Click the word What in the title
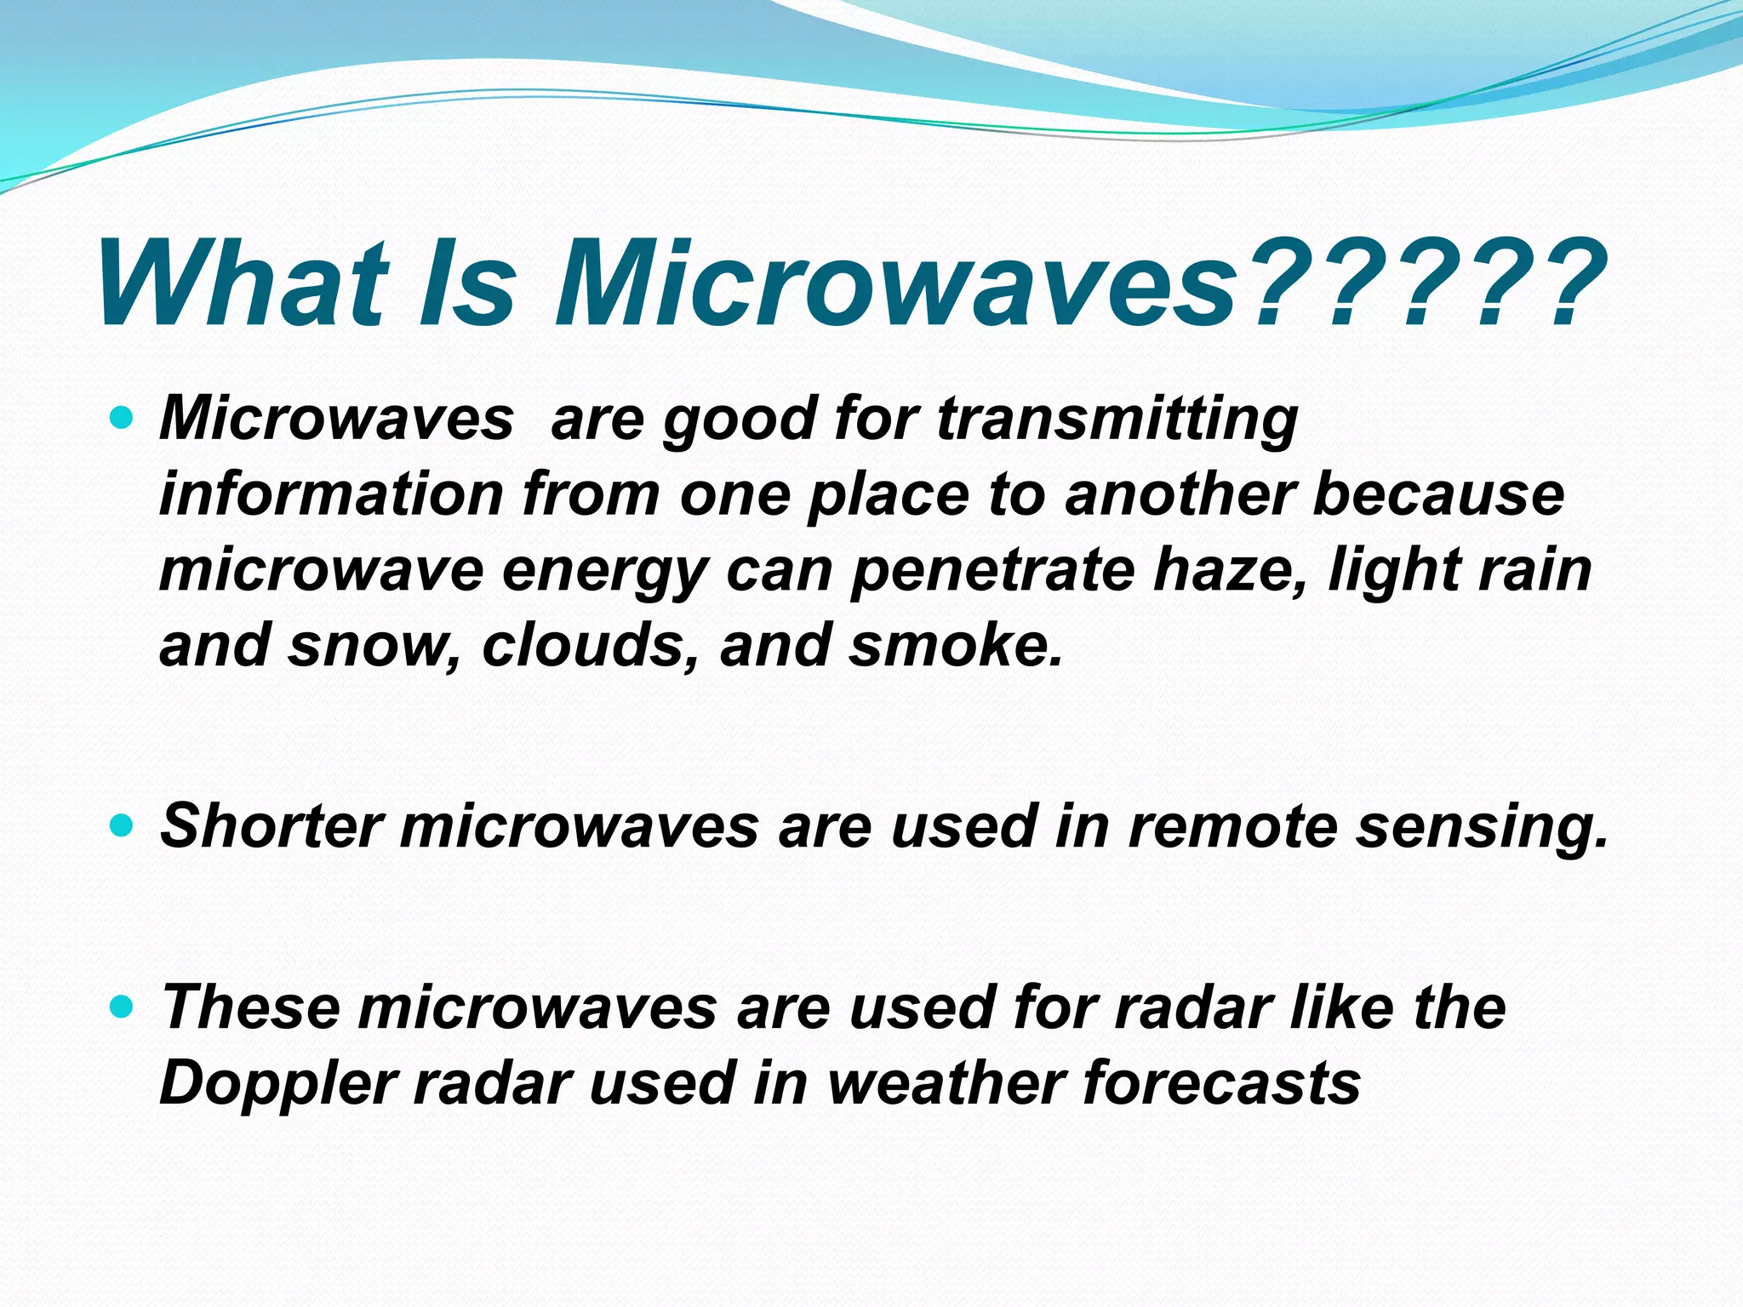243,283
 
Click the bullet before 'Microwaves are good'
123,418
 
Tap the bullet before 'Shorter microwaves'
123,825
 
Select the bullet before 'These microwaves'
123,1007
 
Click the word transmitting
1117,419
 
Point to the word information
332,494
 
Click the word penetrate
992,569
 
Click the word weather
946,1082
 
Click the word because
1438,494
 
